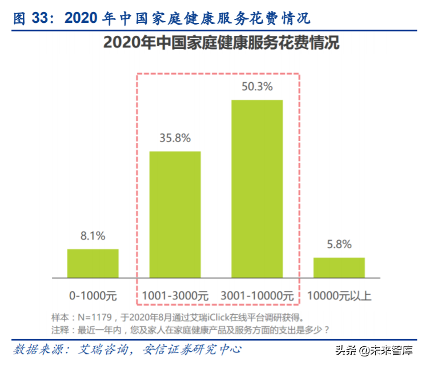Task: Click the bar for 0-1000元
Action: (x=93, y=263)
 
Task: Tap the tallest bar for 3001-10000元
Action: (x=256, y=189)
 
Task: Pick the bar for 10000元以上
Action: (x=339, y=267)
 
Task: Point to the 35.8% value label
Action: (x=175, y=138)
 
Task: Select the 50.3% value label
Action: (x=256, y=87)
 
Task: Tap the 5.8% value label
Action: (x=339, y=245)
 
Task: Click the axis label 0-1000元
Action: (x=93, y=296)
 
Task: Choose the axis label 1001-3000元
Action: (x=175, y=296)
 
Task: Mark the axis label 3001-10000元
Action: (x=256, y=296)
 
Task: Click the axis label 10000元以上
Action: (x=339, y=296)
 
